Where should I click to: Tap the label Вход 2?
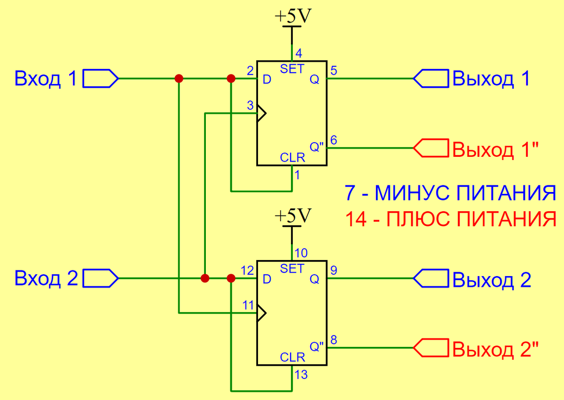[x=46, y=278]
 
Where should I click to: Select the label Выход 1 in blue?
[x=491, y=79]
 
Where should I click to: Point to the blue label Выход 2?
[x=492, y=280]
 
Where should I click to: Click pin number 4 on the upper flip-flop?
[x=298, y=52]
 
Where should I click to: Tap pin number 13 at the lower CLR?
[x=301, y=374]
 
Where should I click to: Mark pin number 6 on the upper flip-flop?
[x=334, y=140]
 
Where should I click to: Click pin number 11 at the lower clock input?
[x=248, y=304]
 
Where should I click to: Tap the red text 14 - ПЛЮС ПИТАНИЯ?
[x=450, y=219]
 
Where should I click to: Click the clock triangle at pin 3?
[x=261, y=113]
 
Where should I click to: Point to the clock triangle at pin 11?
[x=261, y=312]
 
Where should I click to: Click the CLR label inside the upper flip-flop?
[x=292, y=158]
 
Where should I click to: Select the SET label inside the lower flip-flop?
[x=292, y=269]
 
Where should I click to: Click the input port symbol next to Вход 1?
[x=100, y=79]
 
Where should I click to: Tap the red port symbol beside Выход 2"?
[x=430, y=348]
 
